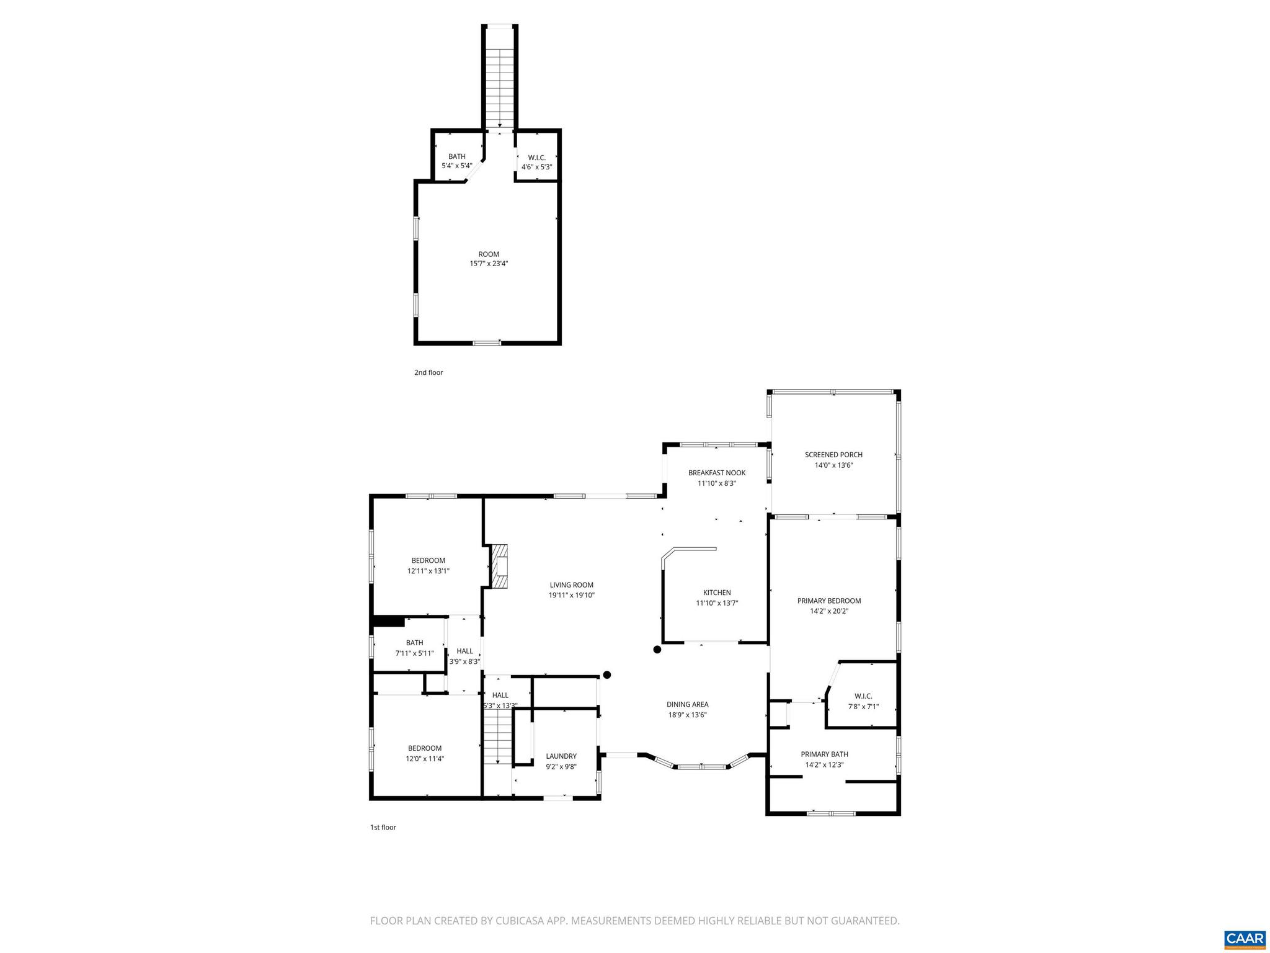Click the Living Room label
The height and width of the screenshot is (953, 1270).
[x=571, y=584]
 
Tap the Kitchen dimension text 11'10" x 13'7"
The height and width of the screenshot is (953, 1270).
[x=717, y=603]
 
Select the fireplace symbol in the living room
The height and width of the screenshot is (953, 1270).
[x=499, y=566]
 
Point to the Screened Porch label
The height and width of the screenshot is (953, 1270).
[x=833, y=455]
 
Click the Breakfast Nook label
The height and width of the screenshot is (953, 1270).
[x=717, y=473]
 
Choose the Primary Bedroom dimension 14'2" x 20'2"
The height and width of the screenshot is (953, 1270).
[x=829, y=611]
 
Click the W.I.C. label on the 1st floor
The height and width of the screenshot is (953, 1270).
[x=863, y=696]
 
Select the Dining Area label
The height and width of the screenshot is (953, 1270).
[x=687, y=704]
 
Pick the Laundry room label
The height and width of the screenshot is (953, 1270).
[x=561, y=756]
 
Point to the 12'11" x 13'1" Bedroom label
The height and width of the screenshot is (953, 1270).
[x=429, y=561]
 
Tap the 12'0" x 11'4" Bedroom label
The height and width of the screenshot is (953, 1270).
[x=425, y=748]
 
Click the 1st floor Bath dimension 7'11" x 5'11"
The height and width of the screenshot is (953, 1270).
[x=415, y=653]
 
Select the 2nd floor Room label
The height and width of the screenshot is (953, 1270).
[x=489, y=254]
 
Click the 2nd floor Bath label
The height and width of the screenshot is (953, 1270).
[x=457, y=156]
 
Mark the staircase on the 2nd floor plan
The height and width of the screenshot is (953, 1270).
[x=500, y=87]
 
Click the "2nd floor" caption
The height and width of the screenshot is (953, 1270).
[x=429, y=373]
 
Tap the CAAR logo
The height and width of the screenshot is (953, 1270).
[x=1245, y=938]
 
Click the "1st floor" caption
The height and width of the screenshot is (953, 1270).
[x=383, y=827]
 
